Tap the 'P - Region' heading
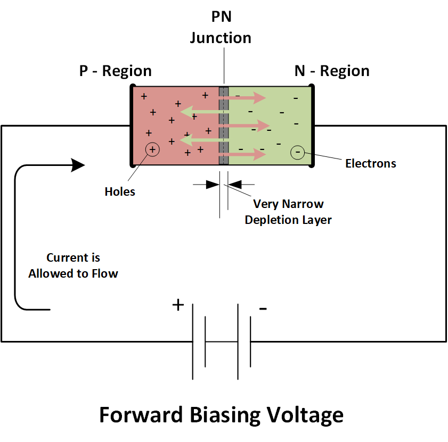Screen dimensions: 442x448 coord(116,71)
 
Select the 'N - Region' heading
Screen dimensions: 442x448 coord(332,71)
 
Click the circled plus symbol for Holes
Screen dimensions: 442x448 coord(152,150)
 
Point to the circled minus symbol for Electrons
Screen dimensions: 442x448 coord(297,154)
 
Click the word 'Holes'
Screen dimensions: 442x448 coord(120,191)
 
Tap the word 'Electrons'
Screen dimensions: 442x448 coord(371,163)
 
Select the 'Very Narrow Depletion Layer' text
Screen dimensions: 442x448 coord(288,212)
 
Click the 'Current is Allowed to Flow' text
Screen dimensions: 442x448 coord(74,266)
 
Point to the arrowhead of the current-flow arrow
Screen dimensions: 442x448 coord(78,165)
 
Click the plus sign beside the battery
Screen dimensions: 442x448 coord(178,305)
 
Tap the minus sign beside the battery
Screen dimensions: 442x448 coord(263,308)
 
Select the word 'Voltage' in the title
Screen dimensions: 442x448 coord(304,415)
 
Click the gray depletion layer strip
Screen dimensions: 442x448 coord(224,126)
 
